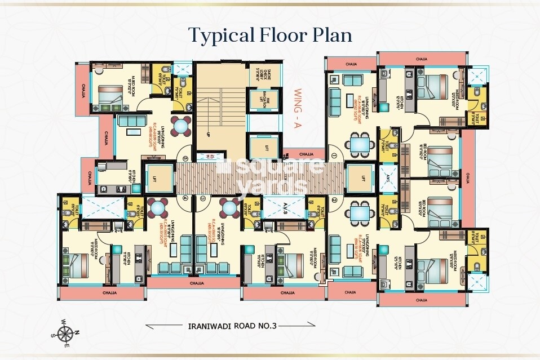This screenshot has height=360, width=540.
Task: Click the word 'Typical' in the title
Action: [x=222, y=34]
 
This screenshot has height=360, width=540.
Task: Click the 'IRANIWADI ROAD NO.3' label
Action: [x=230, y=325]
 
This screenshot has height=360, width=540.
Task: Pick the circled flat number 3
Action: [x=203, y=198]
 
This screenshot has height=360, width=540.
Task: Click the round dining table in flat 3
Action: [x=231, y=207]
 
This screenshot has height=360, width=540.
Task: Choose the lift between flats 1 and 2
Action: [x=358, y=179]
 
